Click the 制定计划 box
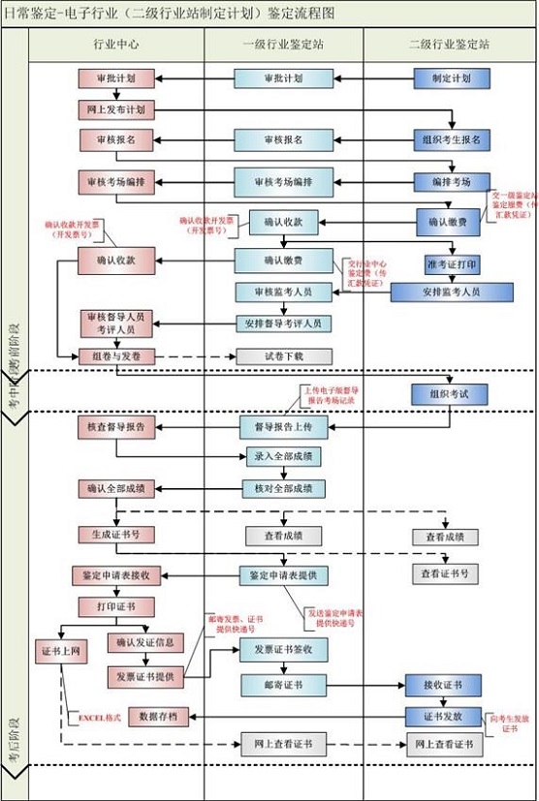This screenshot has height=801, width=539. [447, 78]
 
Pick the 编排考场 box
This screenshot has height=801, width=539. [449, 181]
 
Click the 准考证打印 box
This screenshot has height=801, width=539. [452, 264]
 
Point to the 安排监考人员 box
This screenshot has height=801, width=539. [452, 292]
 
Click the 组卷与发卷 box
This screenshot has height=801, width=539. [116, 356]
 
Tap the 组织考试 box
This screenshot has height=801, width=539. [447, 394]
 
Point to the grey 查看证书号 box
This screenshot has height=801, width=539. [445, 574]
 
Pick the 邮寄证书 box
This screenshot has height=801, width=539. [284, 685]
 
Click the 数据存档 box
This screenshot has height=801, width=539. [158, 717]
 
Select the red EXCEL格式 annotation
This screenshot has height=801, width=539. [97, 717]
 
